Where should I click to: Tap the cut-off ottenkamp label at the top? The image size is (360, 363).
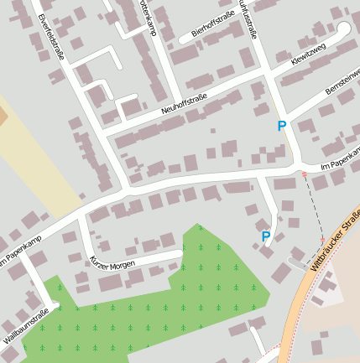[147, 16]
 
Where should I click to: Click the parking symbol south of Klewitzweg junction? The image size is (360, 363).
[282, 126]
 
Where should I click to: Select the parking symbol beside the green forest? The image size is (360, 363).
[266, 236]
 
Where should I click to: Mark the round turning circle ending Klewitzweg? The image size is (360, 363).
[342, 29]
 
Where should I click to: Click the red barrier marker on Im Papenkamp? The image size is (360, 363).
[304, 174]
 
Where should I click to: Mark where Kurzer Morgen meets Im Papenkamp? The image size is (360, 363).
[81, 215]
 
